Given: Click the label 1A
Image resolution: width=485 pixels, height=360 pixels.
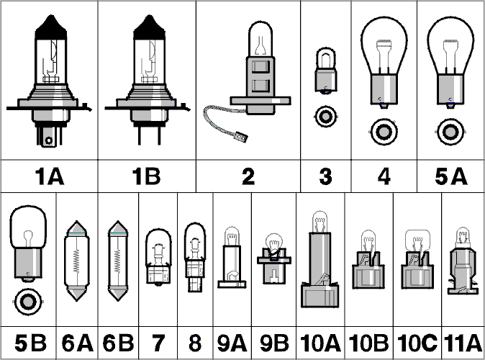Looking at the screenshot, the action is point(50,176).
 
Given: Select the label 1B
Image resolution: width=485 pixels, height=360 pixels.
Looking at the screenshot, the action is point(146,176).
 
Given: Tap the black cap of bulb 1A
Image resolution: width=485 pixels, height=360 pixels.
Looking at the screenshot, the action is point(51,28).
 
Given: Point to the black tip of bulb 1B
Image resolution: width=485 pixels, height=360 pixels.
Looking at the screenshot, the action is point(150,28).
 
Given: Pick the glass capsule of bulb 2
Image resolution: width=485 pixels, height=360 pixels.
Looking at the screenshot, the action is point(260,40).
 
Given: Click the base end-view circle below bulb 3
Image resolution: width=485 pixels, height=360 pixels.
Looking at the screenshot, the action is point(325,117).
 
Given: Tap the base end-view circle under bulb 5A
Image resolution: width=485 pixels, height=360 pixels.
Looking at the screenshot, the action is point(450,132).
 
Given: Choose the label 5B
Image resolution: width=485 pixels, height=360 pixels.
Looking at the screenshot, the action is point(30,343).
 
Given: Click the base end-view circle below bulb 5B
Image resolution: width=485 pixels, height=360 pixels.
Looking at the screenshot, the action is point(28,302).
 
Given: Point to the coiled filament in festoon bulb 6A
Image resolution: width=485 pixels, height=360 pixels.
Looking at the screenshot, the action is point(76,261).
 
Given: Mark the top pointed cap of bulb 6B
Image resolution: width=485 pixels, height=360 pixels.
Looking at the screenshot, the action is point(118,228).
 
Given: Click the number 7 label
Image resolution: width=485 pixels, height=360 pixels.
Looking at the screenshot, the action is point(158,343).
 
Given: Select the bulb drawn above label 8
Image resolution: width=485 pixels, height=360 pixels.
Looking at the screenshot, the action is point(195,258).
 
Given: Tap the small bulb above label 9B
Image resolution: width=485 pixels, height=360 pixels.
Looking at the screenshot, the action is point(273,258).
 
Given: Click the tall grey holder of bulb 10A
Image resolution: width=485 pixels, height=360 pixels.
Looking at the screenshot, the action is point(320,270).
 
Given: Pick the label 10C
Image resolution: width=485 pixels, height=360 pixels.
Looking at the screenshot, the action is point(417,343).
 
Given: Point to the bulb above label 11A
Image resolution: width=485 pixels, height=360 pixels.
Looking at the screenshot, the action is point(463,261).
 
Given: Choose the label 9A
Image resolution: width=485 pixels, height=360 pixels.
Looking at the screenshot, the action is point(232,343).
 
